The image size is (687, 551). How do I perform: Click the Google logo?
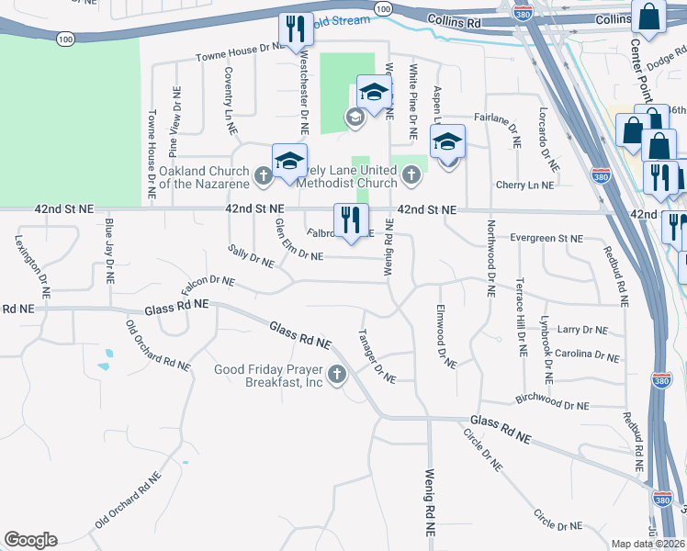(30, 540)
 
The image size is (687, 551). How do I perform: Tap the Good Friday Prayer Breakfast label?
(268, 377)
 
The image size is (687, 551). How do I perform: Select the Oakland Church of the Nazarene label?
(204, 177)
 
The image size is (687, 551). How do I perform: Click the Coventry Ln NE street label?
(228, 94)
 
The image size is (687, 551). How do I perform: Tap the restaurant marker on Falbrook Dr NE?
(351, 221)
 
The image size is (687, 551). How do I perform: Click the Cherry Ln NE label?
(524, 185)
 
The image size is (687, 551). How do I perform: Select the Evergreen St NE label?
(546, 238)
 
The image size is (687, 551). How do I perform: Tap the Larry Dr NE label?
(582, 330)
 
